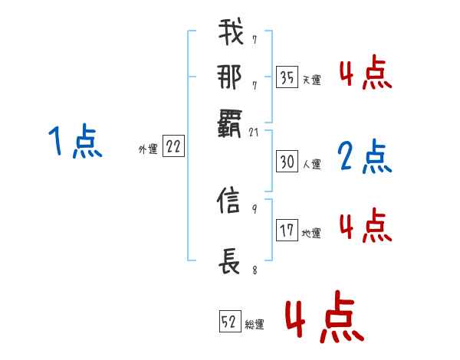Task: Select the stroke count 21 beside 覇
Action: coord(255,132)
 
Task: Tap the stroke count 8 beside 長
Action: coord(254,270)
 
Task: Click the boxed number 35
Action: coord(287,77)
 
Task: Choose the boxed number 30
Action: coord(287,162)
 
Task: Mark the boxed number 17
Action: coord(287,231)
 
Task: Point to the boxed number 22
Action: coord(173,147)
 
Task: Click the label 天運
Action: coord(311,80)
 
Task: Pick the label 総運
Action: coord(255,325)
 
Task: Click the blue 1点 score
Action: coord(75,142)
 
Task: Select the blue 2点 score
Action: coord(365,156)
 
